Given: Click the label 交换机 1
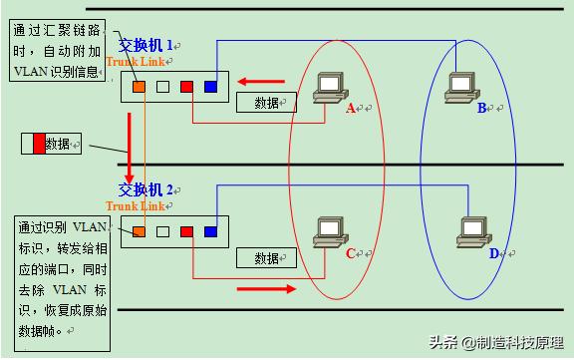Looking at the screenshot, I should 146,45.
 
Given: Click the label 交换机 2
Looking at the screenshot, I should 146,188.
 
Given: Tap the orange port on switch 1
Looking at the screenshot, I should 138,87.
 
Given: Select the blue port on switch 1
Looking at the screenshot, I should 210,87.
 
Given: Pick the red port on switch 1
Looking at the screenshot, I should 186,87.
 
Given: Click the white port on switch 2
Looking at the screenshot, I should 162,231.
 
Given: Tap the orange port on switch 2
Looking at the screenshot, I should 138,231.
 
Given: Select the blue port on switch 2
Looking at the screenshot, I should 210,231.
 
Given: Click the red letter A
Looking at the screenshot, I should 351,109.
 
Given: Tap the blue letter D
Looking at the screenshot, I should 493,253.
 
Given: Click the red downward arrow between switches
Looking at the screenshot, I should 130,145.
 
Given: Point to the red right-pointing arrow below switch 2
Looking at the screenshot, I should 266,288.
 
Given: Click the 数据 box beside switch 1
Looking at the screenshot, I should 267,103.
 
